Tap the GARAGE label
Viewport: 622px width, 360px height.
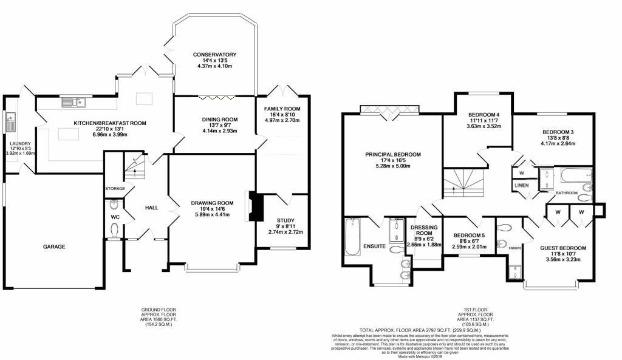(53, 246)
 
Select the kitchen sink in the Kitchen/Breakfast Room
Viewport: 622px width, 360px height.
(76, 102)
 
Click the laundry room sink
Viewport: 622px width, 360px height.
(10, 124)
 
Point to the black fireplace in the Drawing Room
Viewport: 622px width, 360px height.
(255, 207)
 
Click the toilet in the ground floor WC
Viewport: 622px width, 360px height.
(115, 229)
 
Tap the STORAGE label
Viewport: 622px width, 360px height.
(114, 189)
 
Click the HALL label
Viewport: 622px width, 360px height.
(151, 208)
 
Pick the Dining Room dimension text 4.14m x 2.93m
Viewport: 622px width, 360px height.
(219, 131)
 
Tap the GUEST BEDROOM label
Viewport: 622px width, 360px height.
(563, 248)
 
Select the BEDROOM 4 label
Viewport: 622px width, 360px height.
(484, 114)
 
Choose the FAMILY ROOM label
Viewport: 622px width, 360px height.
(282, 109)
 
